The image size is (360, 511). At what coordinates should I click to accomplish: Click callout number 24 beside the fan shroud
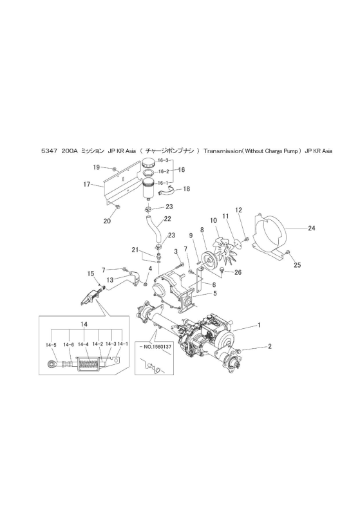point(312,228)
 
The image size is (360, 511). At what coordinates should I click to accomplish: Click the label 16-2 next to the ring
point(163,171)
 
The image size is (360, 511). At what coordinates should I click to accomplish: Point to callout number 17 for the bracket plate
point(86,185)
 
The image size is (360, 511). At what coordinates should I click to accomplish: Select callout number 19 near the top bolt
point(96,167)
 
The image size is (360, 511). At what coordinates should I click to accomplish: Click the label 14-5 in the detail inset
point(51,344)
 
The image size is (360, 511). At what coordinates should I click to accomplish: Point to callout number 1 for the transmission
point(259,325)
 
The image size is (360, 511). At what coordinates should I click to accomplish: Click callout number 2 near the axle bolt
point(270,346)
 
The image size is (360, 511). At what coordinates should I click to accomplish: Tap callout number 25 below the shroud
point(297,265)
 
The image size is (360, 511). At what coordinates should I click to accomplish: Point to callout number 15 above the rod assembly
point(91,274)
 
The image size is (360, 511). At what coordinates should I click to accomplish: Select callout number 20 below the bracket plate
point(107,221)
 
